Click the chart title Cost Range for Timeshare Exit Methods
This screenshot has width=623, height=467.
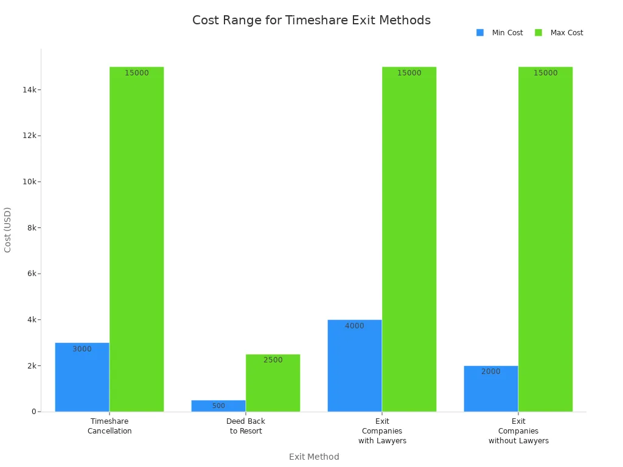311,21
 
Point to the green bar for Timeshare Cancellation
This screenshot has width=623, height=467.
136,243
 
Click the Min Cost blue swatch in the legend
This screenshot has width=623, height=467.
480,33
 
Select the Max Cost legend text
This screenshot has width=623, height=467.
566,33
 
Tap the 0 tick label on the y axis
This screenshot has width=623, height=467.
34,412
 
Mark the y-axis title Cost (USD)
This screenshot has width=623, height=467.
8,230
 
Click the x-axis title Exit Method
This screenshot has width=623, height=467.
314,457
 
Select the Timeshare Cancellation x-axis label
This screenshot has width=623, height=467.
110,426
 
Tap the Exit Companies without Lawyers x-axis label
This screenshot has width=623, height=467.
518,431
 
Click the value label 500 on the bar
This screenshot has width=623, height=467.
218,406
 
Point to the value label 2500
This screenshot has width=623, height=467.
273,360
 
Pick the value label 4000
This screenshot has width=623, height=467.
355,326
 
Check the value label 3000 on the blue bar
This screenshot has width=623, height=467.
82,349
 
